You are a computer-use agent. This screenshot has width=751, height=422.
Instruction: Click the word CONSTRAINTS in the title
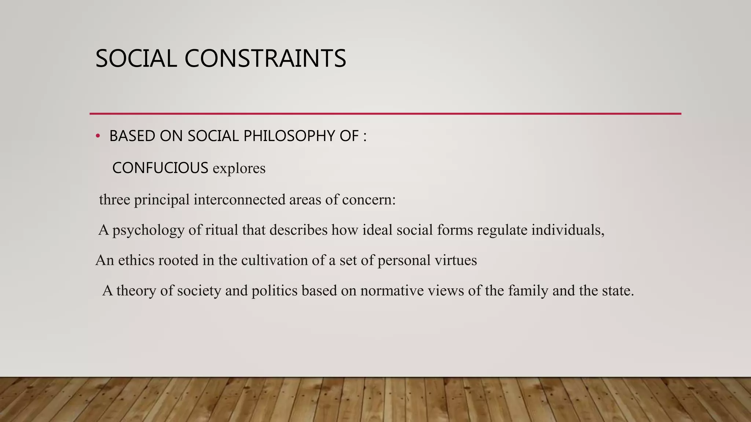pos(265,59)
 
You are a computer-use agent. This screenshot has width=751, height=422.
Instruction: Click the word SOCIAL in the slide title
pos(136,59)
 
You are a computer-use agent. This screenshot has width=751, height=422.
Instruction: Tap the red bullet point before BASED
pos(98,136)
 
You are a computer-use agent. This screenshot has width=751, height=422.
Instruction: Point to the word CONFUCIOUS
pos(160,168)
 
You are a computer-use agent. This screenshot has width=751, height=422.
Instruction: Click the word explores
pos(239,169)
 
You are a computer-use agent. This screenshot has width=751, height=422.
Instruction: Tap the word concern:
pos(369,200)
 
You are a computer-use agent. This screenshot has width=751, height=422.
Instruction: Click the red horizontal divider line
pos(385,114)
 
